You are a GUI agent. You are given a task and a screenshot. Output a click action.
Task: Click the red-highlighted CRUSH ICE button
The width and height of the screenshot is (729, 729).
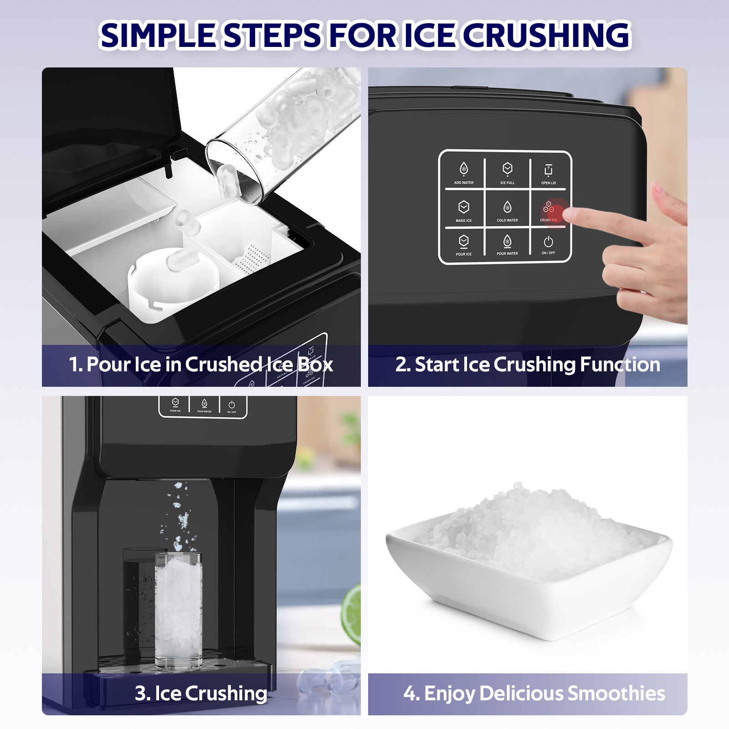(549, 210)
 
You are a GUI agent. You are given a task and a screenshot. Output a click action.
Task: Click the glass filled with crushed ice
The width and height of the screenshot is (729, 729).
(178, 611)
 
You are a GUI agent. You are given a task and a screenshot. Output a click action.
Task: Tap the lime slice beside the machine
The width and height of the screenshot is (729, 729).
(352, 615)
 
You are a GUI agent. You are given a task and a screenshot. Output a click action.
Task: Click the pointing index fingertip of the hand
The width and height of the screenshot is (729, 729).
(570, 214)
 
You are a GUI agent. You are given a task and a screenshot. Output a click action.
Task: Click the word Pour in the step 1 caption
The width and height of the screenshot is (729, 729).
(108, 364)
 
